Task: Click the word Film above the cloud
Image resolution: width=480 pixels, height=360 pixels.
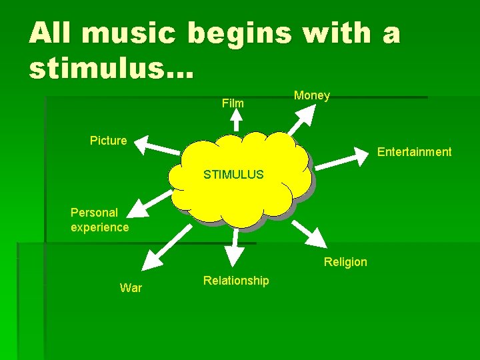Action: (233, 103)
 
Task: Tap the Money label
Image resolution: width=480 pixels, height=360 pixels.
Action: (312, 95)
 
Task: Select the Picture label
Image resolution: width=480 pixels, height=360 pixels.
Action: (108, 141)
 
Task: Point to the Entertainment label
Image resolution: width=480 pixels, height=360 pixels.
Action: (414, 152)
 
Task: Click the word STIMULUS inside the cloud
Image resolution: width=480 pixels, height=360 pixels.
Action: (233, 175)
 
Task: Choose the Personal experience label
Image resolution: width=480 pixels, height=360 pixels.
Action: (99, 220)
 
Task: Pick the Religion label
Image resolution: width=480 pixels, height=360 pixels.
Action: (345, 262)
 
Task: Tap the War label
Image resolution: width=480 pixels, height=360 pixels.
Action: (131, 288)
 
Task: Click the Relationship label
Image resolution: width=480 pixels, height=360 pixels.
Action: (236, 281)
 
